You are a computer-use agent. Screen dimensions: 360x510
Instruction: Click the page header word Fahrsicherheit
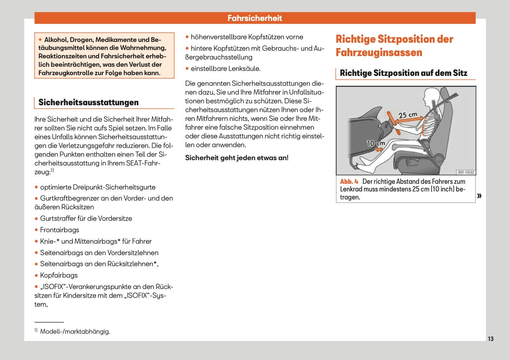point(255,18)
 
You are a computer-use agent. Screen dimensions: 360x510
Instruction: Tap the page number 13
point(491,339)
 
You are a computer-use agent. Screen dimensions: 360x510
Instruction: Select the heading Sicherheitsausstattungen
point(88,102)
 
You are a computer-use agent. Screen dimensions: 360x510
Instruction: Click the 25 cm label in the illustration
point(408,115)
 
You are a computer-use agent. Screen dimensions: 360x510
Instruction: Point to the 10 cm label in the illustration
point(376,143)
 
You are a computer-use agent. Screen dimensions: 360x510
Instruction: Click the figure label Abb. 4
point(349,182)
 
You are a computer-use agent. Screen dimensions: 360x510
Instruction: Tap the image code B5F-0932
point(466,172)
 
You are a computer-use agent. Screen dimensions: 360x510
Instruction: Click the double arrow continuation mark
point(479,196)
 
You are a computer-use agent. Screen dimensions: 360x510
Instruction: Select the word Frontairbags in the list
point(59,230)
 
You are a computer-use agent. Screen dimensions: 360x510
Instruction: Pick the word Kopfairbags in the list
point(59,275)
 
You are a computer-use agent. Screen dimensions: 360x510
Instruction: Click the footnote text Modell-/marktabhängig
point(75,331)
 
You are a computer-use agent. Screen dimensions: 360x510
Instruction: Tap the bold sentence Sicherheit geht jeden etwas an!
point(237,157)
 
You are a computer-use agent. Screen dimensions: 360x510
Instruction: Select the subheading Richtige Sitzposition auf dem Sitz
point(403,73)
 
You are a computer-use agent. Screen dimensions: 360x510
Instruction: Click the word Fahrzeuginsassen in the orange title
point(379,52)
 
